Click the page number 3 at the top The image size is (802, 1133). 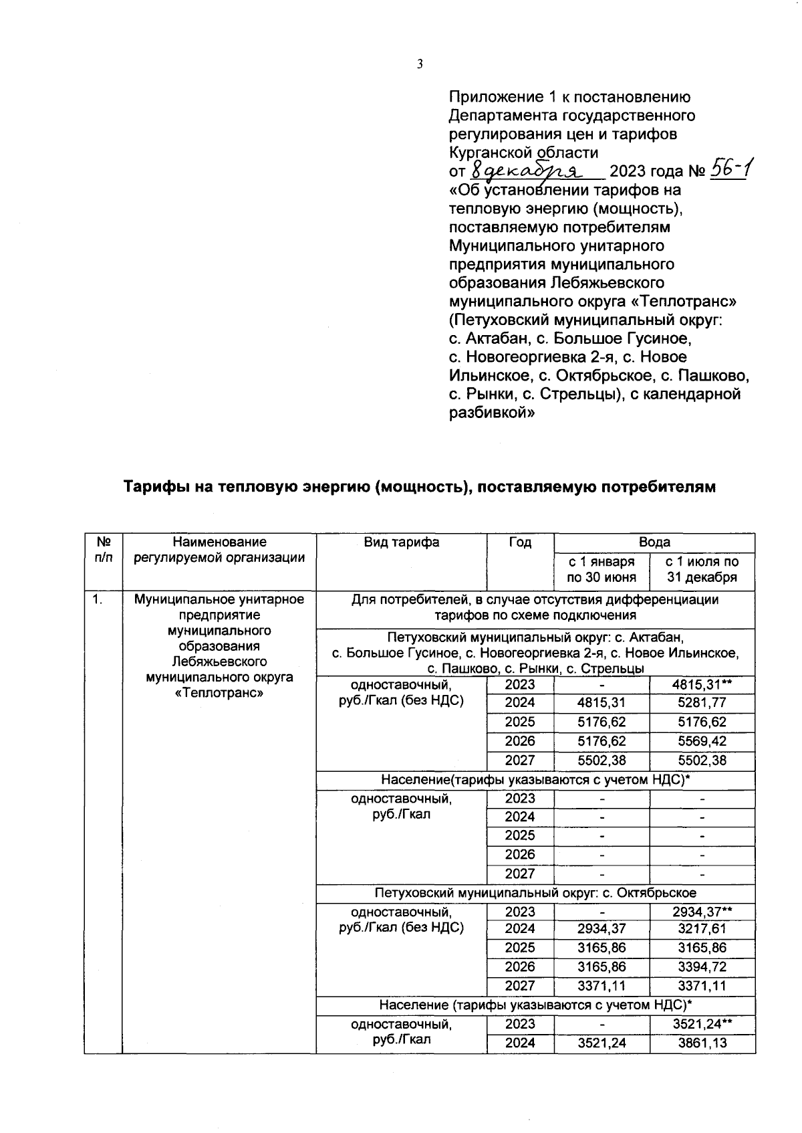pyautogui.click(x=420, y=64)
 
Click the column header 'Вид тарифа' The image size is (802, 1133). pyautogui.click(x=401, y=542)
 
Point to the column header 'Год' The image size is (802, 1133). pyautogui.click(x=520, y=542)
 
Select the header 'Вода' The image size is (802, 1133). pyautogui.click(x=654, y=542)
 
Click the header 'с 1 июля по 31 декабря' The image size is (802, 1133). pyautogui.click(x=702, y=569)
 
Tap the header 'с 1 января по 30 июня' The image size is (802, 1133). pyautogui.click(x=601, y=569)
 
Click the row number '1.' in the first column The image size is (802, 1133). pyautogui.click(x=99, y=599)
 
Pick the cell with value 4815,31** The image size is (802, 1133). pyautogui.click(x=702, y=684)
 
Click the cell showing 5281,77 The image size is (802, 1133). pyautogui.click(x=702, y=703)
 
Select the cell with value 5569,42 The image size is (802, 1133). pyautogui.click(x=702, y=741)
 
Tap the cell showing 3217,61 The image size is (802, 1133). pyautogui.click(x=702, y=929)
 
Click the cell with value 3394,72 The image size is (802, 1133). pyautogui.click(x=702, y=966)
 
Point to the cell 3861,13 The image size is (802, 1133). pyautogui.click(x=702, y=1042)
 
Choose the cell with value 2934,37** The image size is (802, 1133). pyautogui.click(x=702, y=911)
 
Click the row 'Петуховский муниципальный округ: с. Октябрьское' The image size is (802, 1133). pyautogui.click(x=535, y=892)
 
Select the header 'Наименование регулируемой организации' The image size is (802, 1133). pyautogui.click(x=219, y=550)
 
